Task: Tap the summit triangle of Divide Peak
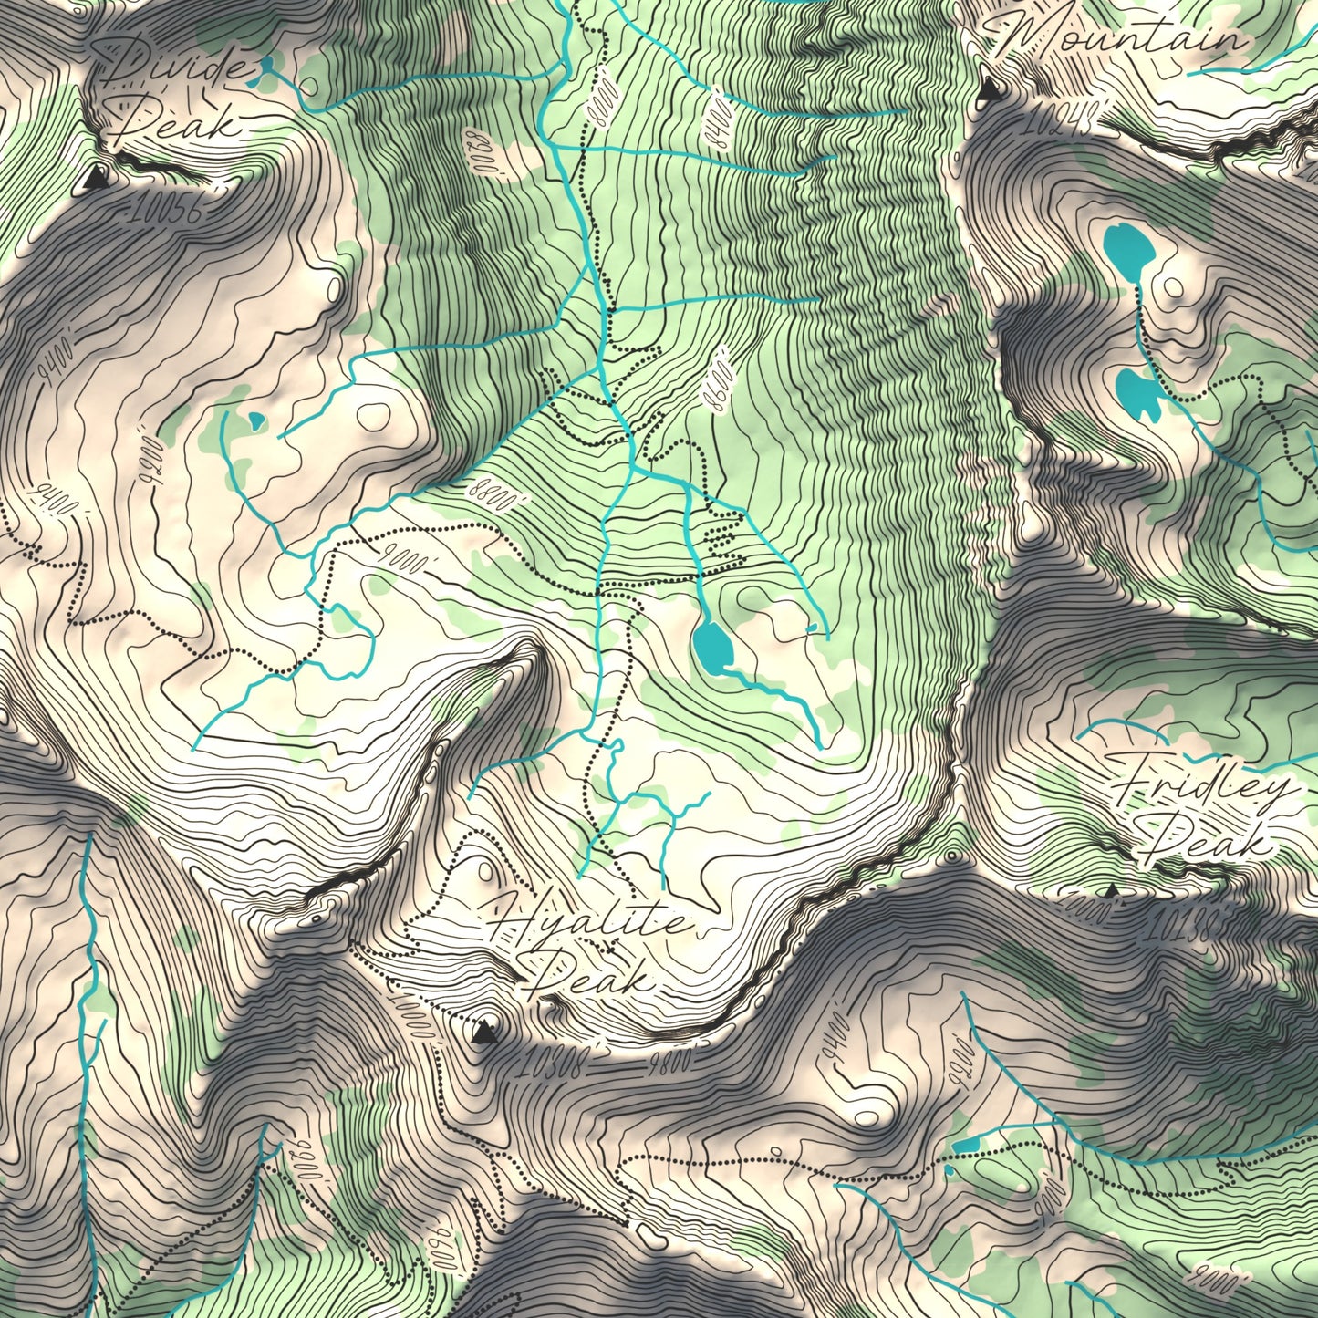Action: (94, 180)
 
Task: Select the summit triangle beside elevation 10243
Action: (988, 89)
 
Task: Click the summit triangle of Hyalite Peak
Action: (484, 1032)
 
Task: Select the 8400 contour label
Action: (719, 119)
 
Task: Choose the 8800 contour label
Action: (498, 493)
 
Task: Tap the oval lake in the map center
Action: (712, 645)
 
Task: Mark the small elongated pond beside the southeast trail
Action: (963, 1144)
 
